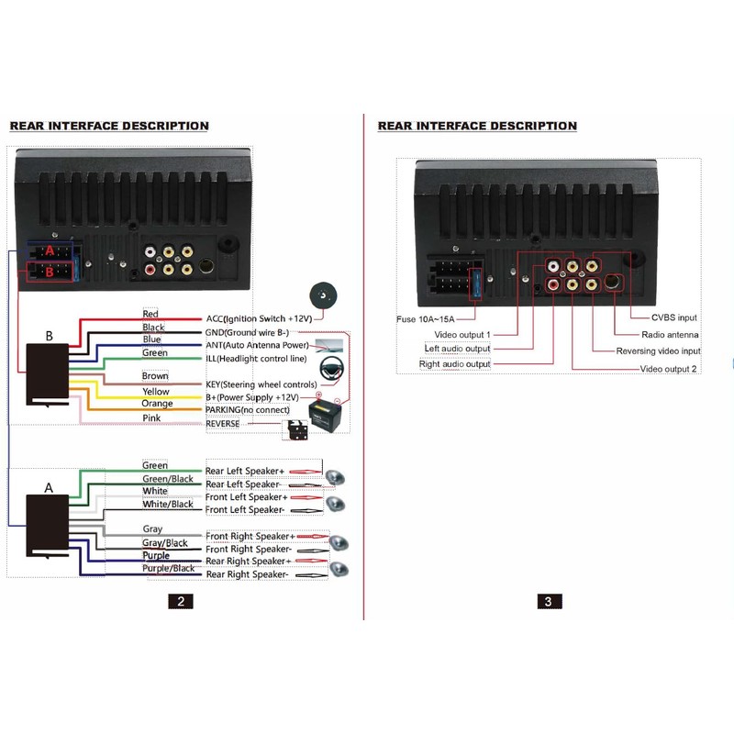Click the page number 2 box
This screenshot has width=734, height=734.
point(181,602)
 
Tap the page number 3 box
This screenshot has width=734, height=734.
point(549,602)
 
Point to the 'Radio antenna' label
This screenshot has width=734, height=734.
point(670,335)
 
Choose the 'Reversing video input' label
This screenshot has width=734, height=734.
point(658,351)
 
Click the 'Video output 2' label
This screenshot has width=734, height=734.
point(668,369)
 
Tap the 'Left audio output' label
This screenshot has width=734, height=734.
point(457,349)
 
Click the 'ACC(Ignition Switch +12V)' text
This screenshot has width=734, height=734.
point(260,318)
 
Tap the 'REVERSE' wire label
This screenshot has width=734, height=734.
point(223,424)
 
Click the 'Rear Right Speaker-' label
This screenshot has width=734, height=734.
point(247,574)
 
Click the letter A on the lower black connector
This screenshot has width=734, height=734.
point(49,488)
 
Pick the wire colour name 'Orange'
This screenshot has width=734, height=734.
point(157,404)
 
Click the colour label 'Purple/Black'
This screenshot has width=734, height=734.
point(167,569)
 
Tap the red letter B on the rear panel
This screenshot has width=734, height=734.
point(50,271)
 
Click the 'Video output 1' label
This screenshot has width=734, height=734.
point(462,335)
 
